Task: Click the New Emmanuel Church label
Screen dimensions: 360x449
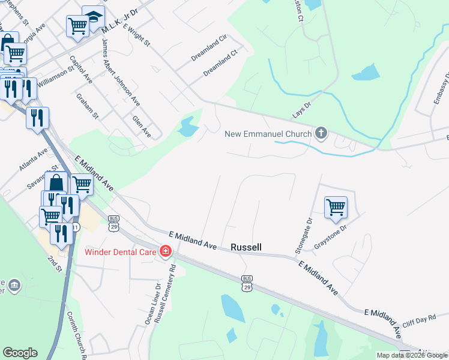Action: click(x=268, y=133)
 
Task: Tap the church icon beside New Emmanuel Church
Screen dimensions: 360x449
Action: click(x=321, y=133)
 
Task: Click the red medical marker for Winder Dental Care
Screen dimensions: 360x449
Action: click(x=165, y=251)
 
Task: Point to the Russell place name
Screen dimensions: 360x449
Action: click(x=246, y=247)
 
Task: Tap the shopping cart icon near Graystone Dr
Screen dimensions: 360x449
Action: click(x=336, y=208)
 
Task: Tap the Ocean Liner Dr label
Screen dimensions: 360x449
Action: click(x=149, y=304)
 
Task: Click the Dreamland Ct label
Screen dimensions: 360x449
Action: click(x=220, y=62)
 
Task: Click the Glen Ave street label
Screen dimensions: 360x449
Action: click(x=142, y=127)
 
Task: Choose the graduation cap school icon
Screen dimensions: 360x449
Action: click(x=93, y=18)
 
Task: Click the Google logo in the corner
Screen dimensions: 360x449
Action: click(x=20, y=353)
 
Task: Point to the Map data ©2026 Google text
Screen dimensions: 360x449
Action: click(x=412, y=355)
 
